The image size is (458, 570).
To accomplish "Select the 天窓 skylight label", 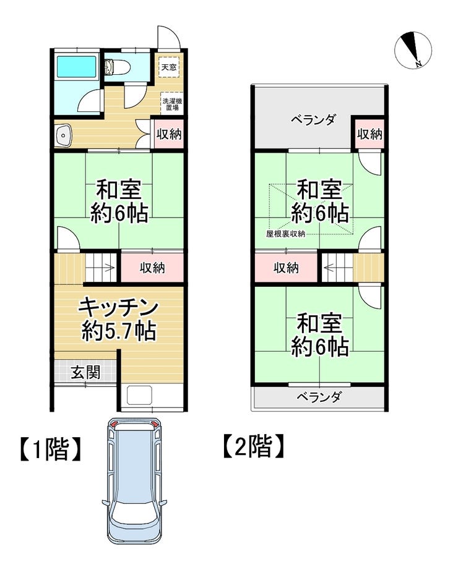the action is click(x=169, y=67).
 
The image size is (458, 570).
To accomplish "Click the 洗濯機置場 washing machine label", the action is click(x=172, y=104).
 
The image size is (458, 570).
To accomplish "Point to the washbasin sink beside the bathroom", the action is click(x=64, y=135).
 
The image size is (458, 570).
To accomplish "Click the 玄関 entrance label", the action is click(x=85, y=372).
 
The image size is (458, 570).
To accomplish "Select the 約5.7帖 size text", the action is click(x=119, y=331).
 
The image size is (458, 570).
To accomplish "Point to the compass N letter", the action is click(x=418, y=64).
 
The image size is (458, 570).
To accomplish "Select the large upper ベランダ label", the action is click(x=313, y=119).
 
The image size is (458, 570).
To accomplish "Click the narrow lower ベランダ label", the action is click(x=319, y=397).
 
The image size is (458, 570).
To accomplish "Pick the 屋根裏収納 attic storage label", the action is click(x=285, y=234).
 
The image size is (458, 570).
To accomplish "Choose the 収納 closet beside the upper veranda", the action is click(x=369, y=134).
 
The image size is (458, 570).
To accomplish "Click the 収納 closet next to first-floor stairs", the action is click(x=152, y=268).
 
